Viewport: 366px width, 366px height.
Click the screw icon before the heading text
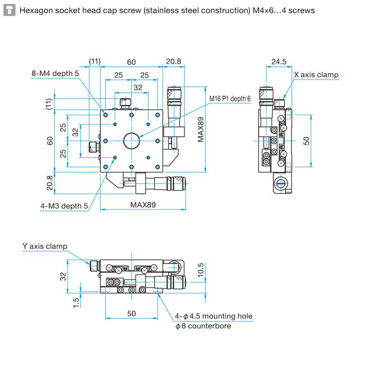pos(9,10)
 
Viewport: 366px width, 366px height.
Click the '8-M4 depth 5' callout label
pos(55,74)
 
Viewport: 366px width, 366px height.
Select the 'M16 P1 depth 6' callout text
pos(230,99)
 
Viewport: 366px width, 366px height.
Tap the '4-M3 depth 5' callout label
pos(64,206)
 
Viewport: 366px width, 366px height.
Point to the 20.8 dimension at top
pos(174,61)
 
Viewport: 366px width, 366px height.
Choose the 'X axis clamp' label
pos(316,75)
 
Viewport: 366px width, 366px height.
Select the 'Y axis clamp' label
pos(45,246)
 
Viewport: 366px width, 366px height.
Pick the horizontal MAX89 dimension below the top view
pos(143,205)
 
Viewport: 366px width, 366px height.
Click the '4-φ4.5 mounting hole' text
pos(214,316)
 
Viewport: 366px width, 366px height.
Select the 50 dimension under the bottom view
pos(132,314)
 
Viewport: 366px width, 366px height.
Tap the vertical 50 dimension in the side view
pos(306,141)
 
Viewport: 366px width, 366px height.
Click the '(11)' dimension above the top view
pos(95,61)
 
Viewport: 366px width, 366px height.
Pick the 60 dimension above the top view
pos(132,62)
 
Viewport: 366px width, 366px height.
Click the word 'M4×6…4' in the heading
pos(266,10)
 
